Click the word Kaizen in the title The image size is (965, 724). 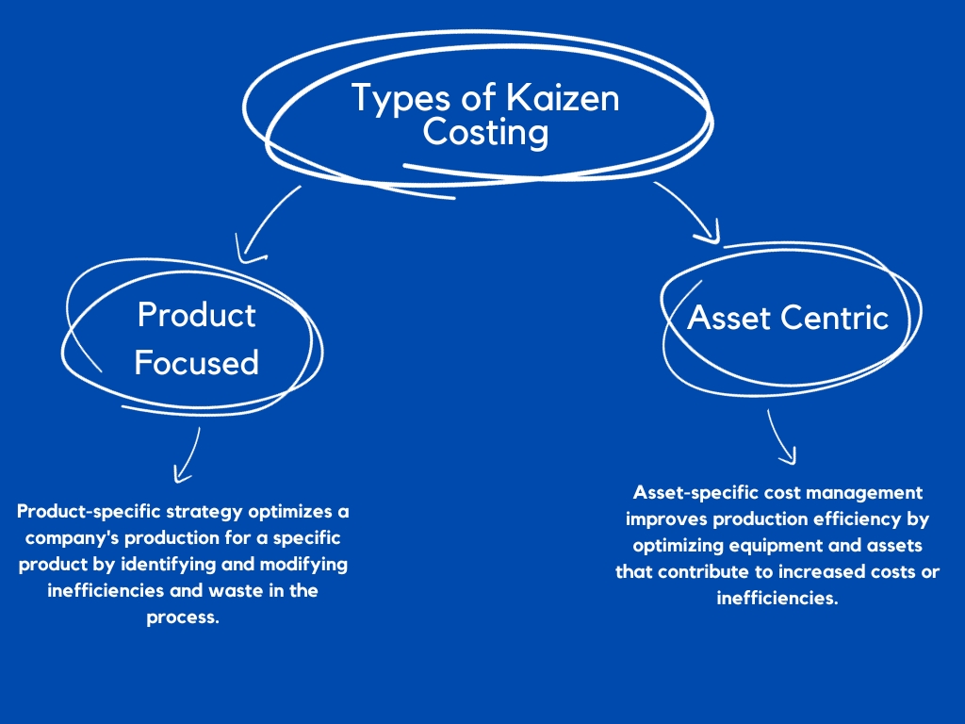(x=565, y=98)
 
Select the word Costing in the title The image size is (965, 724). (x=484, y=132)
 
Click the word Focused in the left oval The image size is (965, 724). (x=196, y=362)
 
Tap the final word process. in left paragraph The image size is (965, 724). (x=183, y=617)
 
